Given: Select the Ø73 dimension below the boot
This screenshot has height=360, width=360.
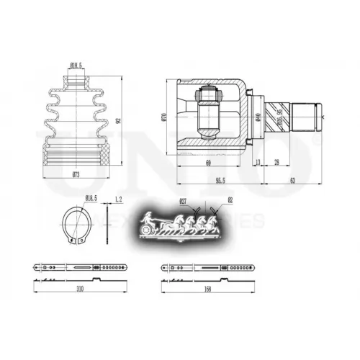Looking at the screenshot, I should pos(75,175).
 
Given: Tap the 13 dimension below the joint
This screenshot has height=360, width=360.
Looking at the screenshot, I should pos(258,164).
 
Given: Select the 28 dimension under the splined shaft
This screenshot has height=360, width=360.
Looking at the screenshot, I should pos(276,164).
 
